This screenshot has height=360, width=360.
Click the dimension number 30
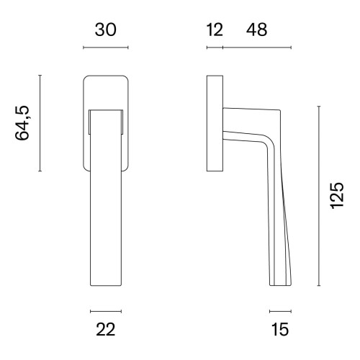click(106, 30)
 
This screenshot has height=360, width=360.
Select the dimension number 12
click(215, 30)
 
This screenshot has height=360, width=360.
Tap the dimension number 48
click(256, 30)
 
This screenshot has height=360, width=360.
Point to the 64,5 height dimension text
click(22, 122)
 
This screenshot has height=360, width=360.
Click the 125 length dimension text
click(337, 196)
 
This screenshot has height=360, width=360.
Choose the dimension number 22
click(106, 329)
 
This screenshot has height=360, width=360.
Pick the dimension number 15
click(280, 329)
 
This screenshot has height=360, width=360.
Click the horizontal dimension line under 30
click(106, 48)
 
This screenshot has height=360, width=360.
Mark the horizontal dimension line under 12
click(215, 48)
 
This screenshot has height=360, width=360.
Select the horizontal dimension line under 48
click(257, 48)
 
